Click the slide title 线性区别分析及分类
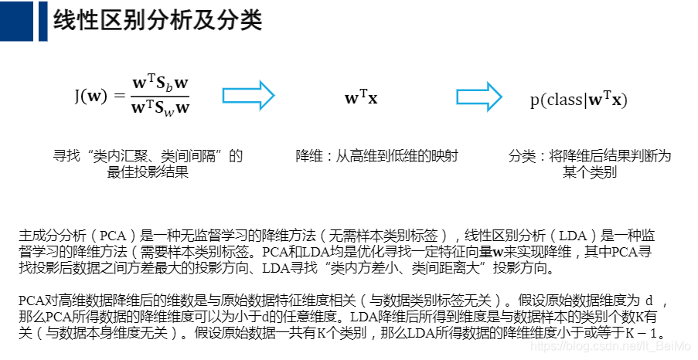tap(158, 21)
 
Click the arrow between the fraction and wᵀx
tap(255, 96)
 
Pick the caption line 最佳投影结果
tap(148, 172)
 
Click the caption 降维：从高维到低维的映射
tap(377, 156)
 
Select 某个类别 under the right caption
tap(590, 172)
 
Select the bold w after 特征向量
tap(499, 252)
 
